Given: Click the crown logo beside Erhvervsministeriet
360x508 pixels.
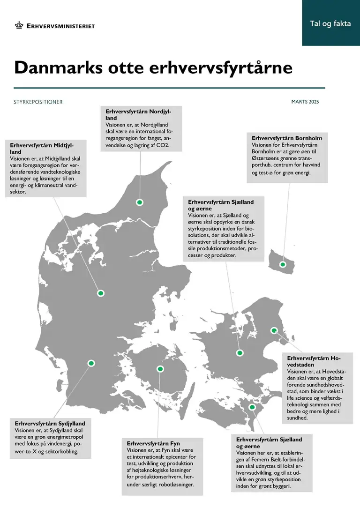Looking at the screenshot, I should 19,25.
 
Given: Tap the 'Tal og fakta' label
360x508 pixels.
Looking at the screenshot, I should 330,23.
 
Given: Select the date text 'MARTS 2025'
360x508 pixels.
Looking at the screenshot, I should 305,102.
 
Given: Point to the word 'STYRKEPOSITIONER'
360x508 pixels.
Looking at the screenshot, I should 38,102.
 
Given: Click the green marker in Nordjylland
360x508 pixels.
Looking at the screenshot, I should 139,202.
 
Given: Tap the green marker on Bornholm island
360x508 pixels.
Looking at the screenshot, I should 283,264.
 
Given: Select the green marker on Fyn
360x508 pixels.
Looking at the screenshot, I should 160,369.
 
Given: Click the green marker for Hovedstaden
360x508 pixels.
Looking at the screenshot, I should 274,330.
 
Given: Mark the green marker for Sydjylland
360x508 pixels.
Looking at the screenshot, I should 91,363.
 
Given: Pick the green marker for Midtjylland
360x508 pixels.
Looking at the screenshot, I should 100,293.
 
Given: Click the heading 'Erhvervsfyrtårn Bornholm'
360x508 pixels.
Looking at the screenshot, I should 287,138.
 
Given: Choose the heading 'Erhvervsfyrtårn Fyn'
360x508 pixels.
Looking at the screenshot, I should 153,443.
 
